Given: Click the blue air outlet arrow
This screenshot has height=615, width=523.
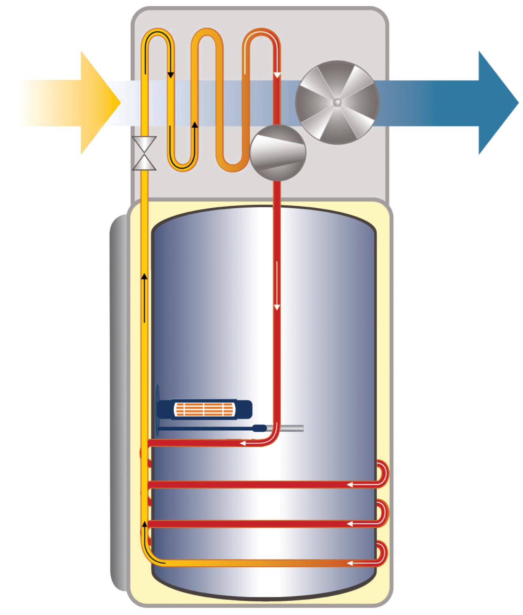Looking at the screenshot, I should pos(489,102).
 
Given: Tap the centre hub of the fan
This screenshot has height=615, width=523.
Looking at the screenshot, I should pos(337,102).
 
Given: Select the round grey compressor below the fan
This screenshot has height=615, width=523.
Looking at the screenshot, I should pos(278,153).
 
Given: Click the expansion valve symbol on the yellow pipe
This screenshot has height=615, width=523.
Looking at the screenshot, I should pos(144,153).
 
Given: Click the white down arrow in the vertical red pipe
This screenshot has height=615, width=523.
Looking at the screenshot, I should pos(277,304).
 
